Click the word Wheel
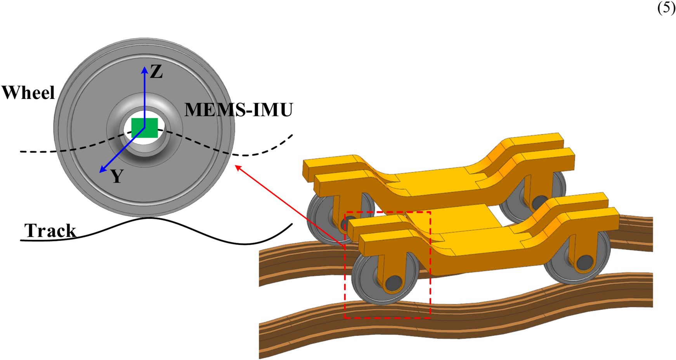(28, 93)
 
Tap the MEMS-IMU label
(238, 110)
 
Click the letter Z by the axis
(156, 72)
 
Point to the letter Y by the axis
(117, 177)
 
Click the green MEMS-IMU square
(144, 128)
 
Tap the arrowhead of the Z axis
(144, 69)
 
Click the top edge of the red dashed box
(388, 212)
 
